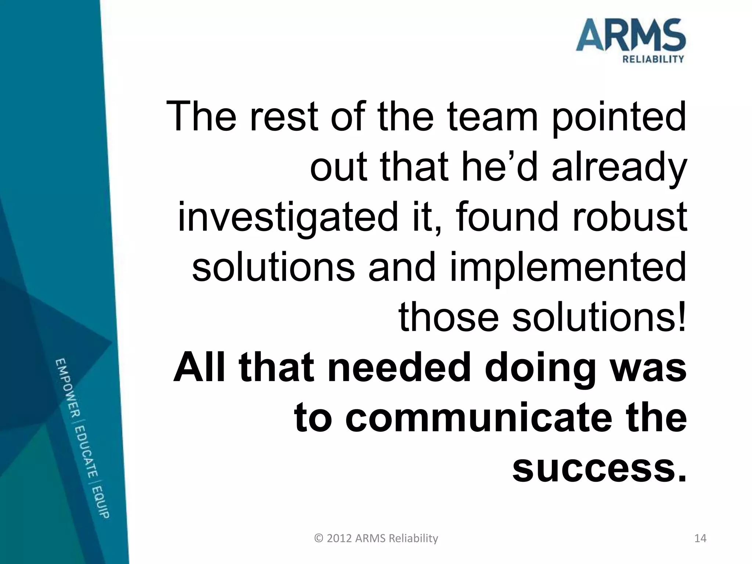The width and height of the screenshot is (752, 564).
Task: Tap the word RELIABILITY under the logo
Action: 653,59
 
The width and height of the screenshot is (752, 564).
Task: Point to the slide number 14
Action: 700,539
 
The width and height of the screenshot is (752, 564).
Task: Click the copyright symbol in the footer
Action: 319,539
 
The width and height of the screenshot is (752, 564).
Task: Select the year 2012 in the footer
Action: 340,539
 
